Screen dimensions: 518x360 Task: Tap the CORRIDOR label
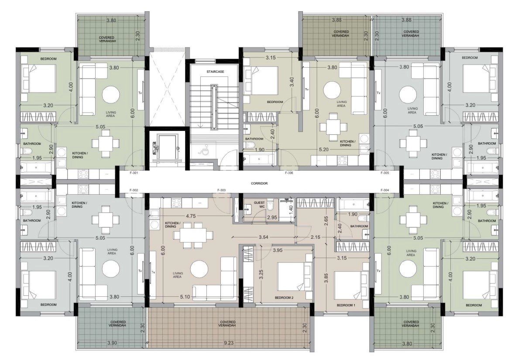tap(259, 183)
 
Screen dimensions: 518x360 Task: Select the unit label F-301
tap(134, 173)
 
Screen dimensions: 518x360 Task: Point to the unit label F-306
tap(289, 173)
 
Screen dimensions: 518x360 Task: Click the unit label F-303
tap(221, 190)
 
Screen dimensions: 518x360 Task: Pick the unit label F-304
tap(385, 190)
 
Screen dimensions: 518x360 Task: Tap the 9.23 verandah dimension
tap(229, 343)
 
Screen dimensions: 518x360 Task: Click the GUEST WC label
tap(259, 205)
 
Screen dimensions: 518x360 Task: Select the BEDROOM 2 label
tap(284, 298)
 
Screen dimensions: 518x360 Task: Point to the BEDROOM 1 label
tap(346, 305)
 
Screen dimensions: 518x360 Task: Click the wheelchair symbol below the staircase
tap(201, 151)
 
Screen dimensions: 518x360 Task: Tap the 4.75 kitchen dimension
tap(191, 216)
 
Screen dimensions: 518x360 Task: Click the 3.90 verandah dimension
tap(112, 343)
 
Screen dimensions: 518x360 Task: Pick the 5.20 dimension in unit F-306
tap(324, 150)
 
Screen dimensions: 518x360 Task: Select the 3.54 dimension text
tap(263, 237)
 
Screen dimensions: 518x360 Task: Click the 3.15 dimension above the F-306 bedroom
tap(271, 58)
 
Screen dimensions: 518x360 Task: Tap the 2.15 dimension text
tap(316, 237)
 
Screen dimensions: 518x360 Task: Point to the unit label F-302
tap(134, 190)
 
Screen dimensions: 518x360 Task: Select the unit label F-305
tap(385, 173)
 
